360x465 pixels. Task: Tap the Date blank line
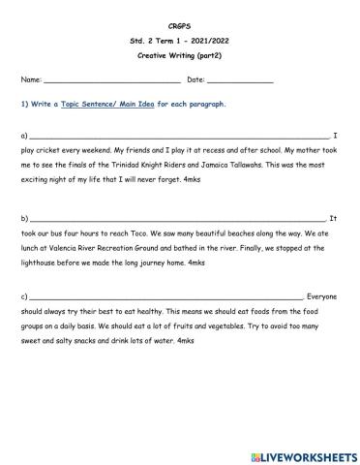pos(239,80)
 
